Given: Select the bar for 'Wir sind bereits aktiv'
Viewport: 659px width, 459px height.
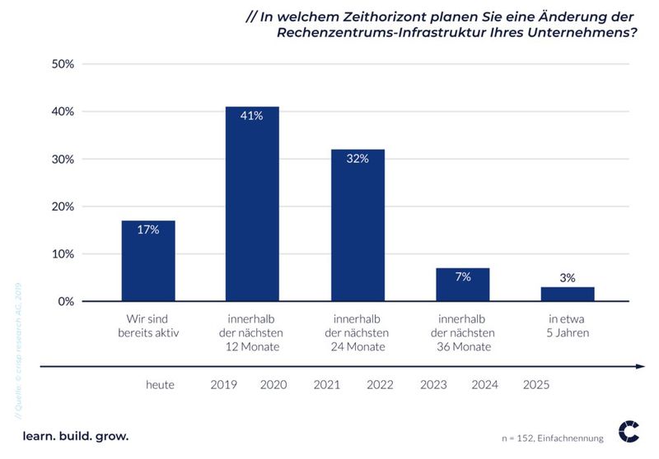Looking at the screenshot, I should [x=148, y=261].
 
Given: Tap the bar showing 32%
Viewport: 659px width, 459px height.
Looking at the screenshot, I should [x=358, y=225].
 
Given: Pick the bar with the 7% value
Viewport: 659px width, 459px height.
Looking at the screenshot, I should [x=463, y=285].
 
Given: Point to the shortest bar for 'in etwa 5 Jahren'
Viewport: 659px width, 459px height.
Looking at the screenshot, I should [x=568, y=294].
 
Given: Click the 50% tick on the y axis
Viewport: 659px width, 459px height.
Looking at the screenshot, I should [x=63, y=64].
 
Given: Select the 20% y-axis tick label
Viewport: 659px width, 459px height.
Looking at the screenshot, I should [x=63, y=206].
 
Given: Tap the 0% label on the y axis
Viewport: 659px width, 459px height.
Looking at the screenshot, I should [x=67, y=302].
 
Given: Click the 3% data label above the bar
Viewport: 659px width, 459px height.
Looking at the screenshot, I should [x=568, y=278].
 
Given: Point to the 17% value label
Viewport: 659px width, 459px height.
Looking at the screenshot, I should [x=148, y=230].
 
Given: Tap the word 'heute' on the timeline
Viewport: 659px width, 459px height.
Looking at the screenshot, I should [x=160, y=385].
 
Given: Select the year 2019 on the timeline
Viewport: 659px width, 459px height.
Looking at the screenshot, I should [x=224, y=385].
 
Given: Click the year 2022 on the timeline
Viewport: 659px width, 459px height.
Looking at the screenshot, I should [x=380, y=385].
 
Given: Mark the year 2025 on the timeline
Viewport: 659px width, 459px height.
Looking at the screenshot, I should [x=535, y=385].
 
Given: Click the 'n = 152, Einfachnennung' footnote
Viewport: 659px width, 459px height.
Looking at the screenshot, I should [x=553, y=438].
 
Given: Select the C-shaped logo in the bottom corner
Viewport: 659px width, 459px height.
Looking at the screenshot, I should [x=629, y=430].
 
